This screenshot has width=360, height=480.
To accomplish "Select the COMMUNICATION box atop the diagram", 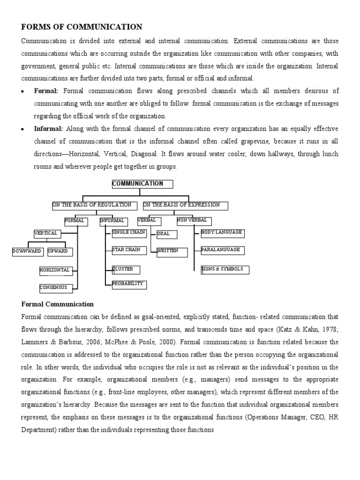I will [x=142, y=184].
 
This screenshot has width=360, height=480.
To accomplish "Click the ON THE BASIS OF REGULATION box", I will [x=95, y=206].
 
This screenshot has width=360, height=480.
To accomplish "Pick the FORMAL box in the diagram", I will [x=76, y=221].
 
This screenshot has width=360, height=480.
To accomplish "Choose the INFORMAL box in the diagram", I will [x=113, y=221].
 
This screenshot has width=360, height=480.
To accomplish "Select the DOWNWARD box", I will [x=28, y=252].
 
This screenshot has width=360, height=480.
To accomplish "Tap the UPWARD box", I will [x=60, y=252].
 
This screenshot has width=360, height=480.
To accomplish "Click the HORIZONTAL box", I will [x=55, y=270].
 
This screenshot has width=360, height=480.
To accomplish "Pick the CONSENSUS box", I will [x=54, y=288].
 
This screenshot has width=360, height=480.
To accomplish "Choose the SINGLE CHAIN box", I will [x=129, y=233].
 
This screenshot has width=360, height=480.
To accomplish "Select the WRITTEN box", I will [x=172, y=252].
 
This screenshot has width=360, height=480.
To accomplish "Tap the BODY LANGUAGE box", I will [x=222, y=233].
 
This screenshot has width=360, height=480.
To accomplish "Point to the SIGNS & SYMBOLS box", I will [x=225, y=270].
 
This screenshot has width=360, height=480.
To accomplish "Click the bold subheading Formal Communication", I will [x=58, y=304].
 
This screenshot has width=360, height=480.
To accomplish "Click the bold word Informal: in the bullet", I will [x=48, y=128].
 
